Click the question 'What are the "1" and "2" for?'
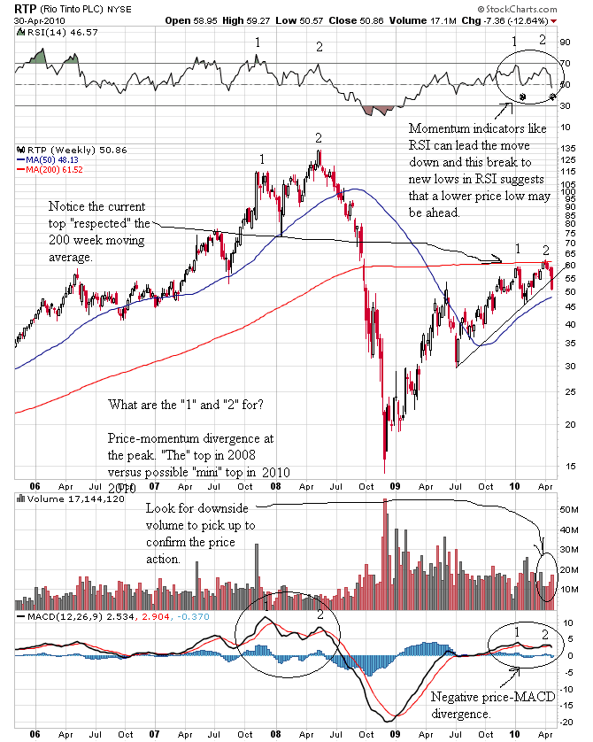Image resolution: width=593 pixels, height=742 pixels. point(185,405)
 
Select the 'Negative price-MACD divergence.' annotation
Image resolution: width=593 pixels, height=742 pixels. point(491,705)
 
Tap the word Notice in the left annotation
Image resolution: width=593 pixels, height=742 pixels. point(68,206)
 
